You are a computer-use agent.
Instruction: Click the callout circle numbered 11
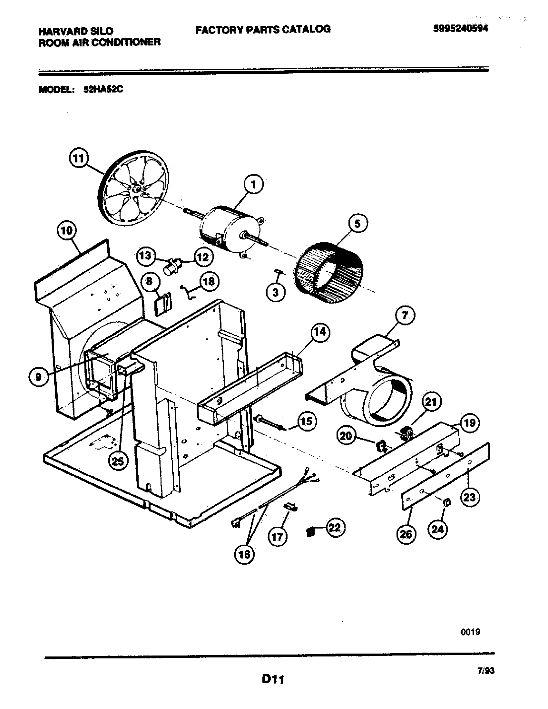tap(78, 159)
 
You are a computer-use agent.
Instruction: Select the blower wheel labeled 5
tap(329, 273)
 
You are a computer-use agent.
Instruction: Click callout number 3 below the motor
tap(275, 293)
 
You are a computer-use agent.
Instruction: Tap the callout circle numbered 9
tap(38, 377)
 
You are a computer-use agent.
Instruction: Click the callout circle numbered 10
tap(66, 230)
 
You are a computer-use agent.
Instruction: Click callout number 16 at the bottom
tap(244, 554)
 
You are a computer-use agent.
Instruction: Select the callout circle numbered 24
tap(437, 529)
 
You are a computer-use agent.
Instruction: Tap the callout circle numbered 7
tap(405, 315)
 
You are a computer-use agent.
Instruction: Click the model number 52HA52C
tap(103, 89)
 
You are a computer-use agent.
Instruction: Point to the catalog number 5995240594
tap(460, 29)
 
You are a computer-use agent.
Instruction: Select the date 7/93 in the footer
tap(486, 671)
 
